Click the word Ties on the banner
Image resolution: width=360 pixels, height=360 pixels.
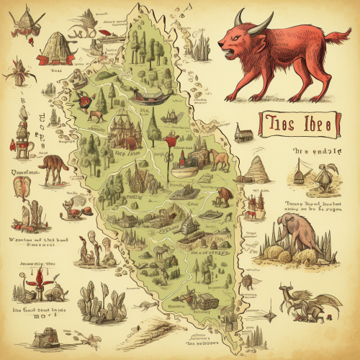tap(277, 123)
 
